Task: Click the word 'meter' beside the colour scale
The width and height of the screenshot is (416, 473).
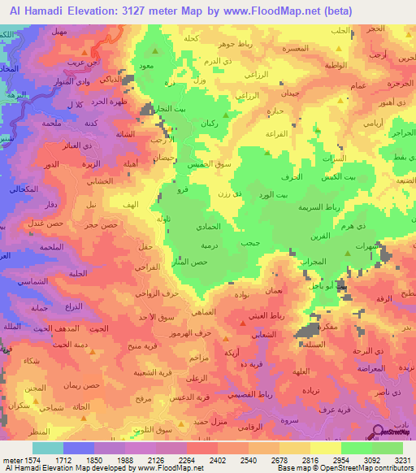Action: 14,459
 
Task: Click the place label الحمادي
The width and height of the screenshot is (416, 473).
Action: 210,230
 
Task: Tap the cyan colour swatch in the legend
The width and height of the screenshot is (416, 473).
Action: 47,448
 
